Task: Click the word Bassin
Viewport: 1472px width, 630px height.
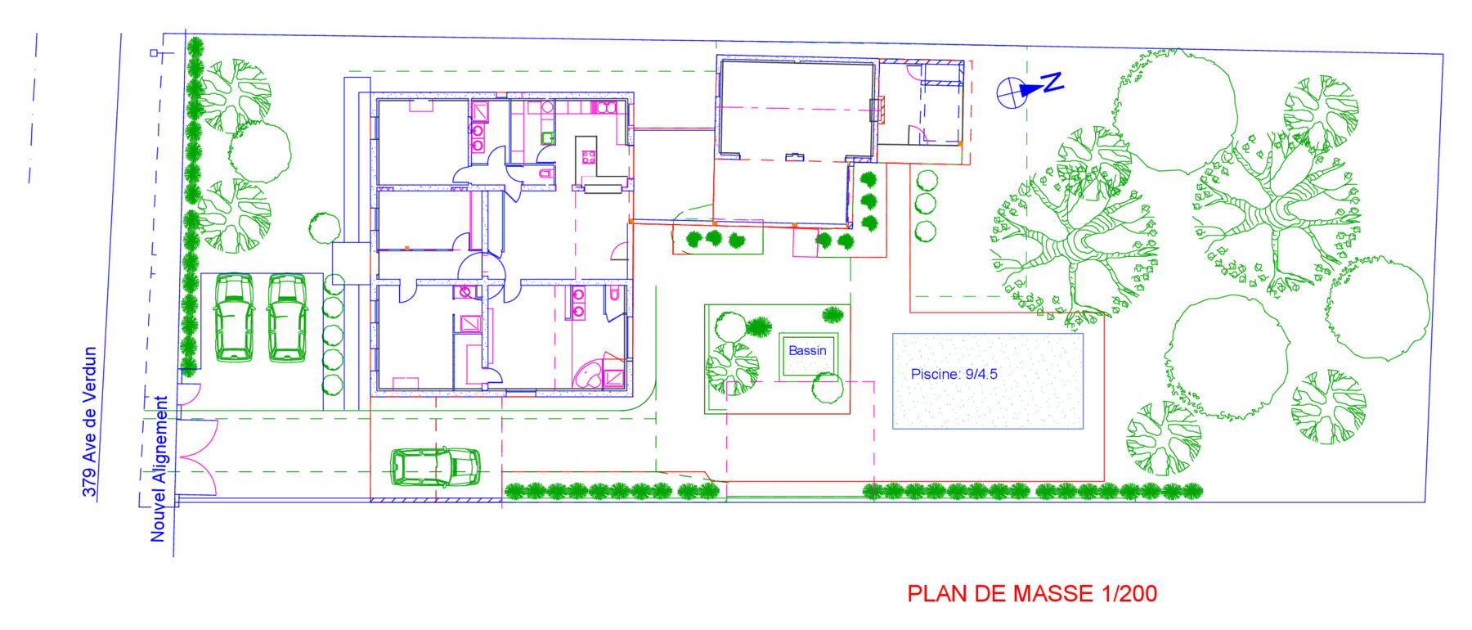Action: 807,350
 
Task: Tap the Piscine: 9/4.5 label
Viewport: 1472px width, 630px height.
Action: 954,374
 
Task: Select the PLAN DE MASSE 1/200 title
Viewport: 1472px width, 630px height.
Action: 1032,593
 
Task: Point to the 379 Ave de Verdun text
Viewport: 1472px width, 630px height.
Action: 90,422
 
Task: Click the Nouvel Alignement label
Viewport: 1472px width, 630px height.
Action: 159,469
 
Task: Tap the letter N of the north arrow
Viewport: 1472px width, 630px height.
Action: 1052,81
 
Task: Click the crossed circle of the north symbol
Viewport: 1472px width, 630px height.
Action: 1010,92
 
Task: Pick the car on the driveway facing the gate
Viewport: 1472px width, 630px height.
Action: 434,467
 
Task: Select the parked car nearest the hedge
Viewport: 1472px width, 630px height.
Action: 234,317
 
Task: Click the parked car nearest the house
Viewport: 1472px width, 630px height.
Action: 287,317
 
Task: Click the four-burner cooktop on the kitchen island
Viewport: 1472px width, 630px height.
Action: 588,156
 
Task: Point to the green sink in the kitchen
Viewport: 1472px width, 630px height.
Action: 548,137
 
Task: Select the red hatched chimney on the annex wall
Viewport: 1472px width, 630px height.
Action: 877,110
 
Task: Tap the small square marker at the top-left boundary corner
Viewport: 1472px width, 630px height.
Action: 154,53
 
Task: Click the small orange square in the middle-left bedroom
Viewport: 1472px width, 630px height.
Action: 406,247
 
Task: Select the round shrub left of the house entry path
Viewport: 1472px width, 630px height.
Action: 325,228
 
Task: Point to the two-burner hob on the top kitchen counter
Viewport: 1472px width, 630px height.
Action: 604,107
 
